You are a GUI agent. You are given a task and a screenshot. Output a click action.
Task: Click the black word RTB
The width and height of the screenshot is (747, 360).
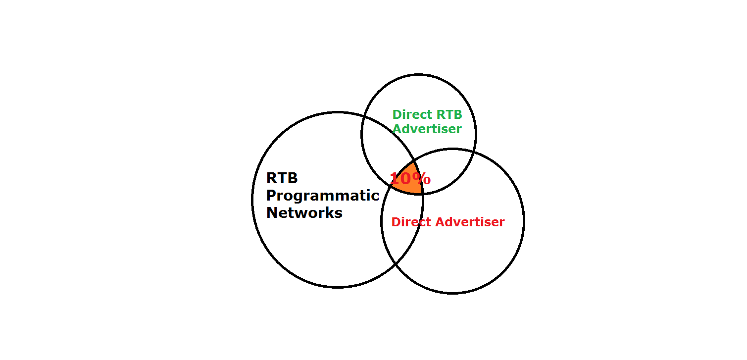pyautogui.click(x=282, y=178)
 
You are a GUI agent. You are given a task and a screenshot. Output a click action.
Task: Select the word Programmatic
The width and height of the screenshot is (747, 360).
pyautogui.click(x=323, y=196)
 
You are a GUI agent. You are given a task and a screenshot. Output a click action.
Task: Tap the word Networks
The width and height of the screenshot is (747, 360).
pyautogui.click(x=304, y=213)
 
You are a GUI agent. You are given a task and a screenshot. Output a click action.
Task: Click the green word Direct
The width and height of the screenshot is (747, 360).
pyautogui.click(x=412, y=115)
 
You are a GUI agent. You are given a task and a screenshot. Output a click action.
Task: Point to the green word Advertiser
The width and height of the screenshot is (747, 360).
pyautogui.click(x=427, y=129)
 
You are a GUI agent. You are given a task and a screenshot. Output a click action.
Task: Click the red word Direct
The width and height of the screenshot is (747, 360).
pyautogui.click(x=411, y=222)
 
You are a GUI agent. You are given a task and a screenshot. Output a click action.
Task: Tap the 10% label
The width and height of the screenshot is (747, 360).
pyautogui.click(x=410, y=179)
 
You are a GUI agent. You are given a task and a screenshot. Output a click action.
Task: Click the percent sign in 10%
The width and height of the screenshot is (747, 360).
pyautogui.click(x=422, y=179)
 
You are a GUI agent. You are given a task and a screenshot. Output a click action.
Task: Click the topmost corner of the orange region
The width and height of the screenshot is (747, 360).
pyautogui.click(x=414, y=160)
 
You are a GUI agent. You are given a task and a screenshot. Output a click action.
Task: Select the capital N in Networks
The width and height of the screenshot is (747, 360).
pyautogui.click(x=272, y=213)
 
